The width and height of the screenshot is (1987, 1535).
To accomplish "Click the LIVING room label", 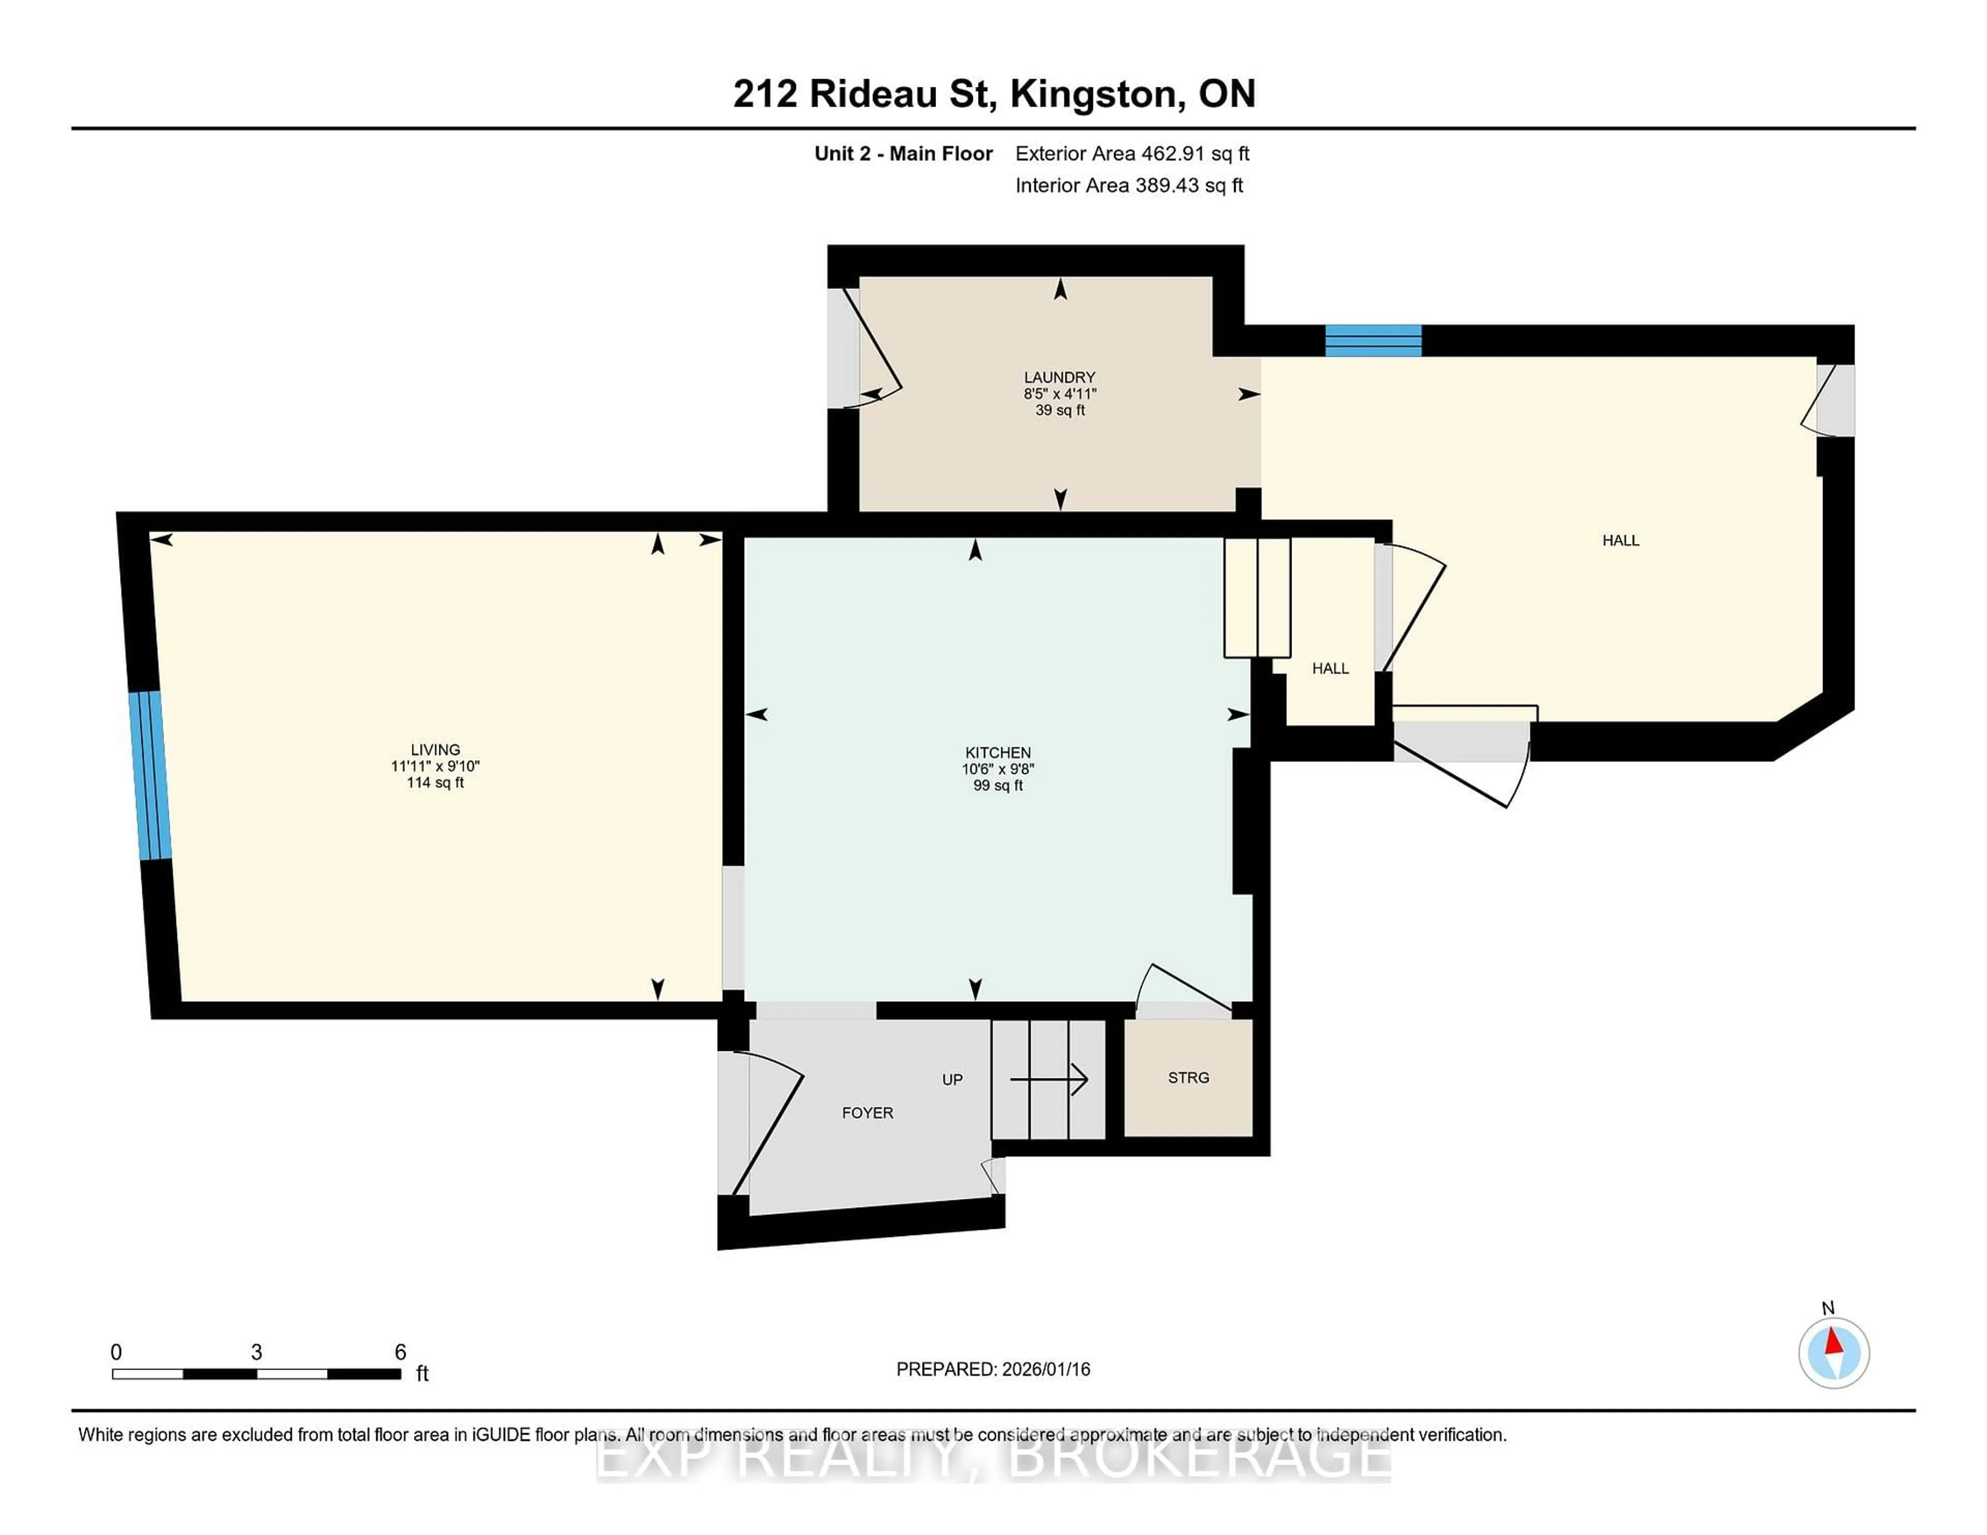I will coord(435,749).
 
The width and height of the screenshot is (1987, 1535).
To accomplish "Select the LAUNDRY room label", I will coord(1059,377).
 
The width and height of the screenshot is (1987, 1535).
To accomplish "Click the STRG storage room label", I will coord(1188,1078).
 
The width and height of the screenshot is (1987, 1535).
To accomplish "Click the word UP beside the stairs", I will coord(952,1079).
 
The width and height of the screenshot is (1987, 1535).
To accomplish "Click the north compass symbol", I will coord(1833,1353).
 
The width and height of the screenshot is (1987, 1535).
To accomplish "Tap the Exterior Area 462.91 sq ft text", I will coord(1132,154).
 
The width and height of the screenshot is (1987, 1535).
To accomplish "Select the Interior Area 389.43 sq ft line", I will coord(1128,186).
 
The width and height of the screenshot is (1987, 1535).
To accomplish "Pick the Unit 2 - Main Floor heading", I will coord(902,154).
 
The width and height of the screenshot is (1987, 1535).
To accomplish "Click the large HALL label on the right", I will coord(1620,540).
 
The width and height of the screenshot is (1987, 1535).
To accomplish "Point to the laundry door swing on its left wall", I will coord(871,350).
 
